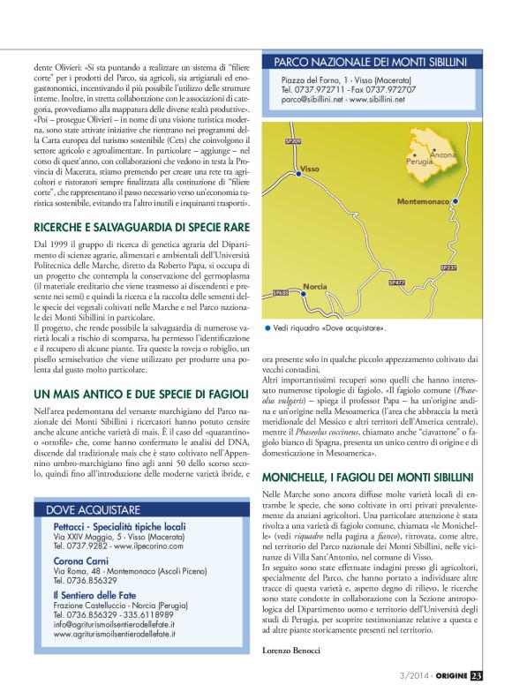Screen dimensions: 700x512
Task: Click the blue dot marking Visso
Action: [296, 172]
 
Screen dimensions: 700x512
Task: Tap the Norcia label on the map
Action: [315, 286]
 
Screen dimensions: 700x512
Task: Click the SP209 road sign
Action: [294, 140]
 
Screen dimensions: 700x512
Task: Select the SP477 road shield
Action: [396, 282]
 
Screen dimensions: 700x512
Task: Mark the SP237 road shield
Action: [448, 266]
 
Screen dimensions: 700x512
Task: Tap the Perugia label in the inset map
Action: [419, 163]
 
